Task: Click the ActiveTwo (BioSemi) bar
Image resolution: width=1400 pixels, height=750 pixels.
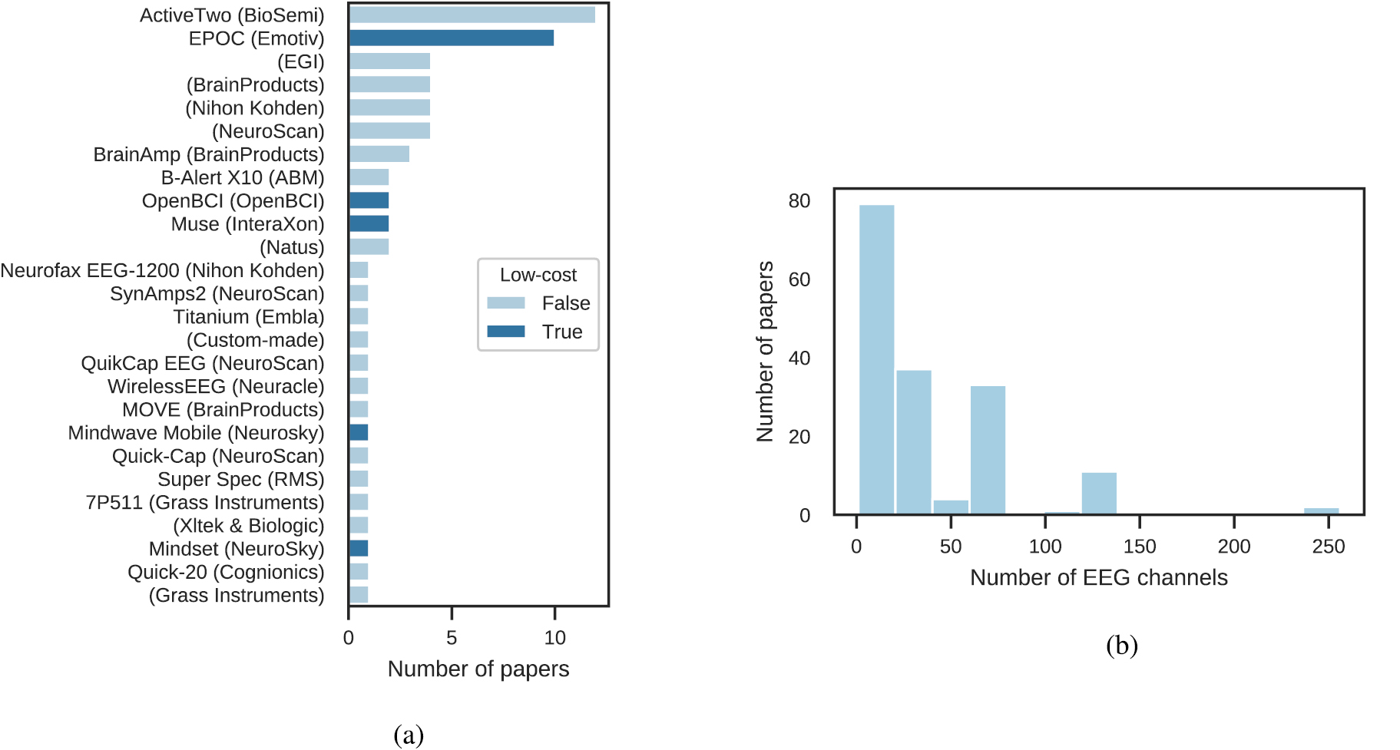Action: click(472, 15)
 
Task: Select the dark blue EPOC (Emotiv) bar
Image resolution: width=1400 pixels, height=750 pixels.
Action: click(451, 38)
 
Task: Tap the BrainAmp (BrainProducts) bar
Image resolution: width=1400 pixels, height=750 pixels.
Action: click(379, 154)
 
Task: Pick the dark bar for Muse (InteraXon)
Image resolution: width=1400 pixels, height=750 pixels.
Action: click(369, 223)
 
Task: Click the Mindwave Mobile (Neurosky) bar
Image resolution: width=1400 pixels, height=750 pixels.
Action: click(359, 432)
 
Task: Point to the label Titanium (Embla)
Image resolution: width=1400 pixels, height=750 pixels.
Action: click(248, 317)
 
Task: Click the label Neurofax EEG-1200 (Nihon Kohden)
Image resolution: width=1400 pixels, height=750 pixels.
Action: click(162, 270)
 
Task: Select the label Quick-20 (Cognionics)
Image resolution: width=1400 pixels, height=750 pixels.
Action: click(226, 572)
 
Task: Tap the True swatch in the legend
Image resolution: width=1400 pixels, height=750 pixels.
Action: click(506, 332)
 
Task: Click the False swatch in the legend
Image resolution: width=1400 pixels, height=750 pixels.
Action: click(506, 303)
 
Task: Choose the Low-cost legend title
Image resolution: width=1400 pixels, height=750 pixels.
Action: click(538, 275)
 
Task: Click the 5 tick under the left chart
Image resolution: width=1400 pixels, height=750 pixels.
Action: click(452, 638)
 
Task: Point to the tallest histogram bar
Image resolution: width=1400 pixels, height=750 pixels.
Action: click(876, 359)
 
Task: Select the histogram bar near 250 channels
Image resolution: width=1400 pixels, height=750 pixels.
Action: click(1321, 511)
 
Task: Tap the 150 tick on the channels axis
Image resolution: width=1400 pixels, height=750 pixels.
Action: click(1139, 547)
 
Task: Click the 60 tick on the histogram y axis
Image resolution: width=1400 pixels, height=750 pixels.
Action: click(799, 279)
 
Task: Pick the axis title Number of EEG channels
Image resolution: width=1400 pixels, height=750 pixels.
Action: click(1098, 577)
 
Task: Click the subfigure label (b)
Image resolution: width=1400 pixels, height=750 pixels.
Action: click(1121, 645)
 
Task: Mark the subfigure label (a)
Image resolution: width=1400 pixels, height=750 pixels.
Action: click(408, 735)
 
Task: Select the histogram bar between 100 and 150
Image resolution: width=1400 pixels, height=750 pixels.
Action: click(1099, 494)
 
